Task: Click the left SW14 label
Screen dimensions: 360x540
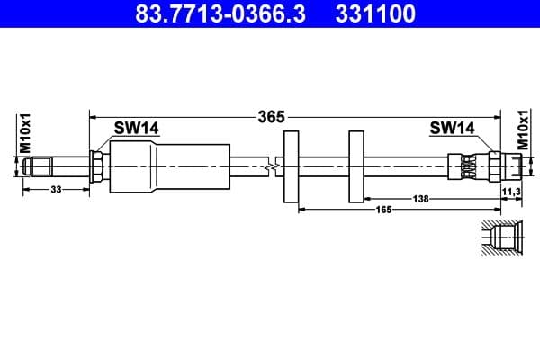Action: click(137, 129)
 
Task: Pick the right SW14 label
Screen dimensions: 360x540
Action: click(452, 129)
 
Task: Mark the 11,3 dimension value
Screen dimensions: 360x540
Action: click(510, 192)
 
